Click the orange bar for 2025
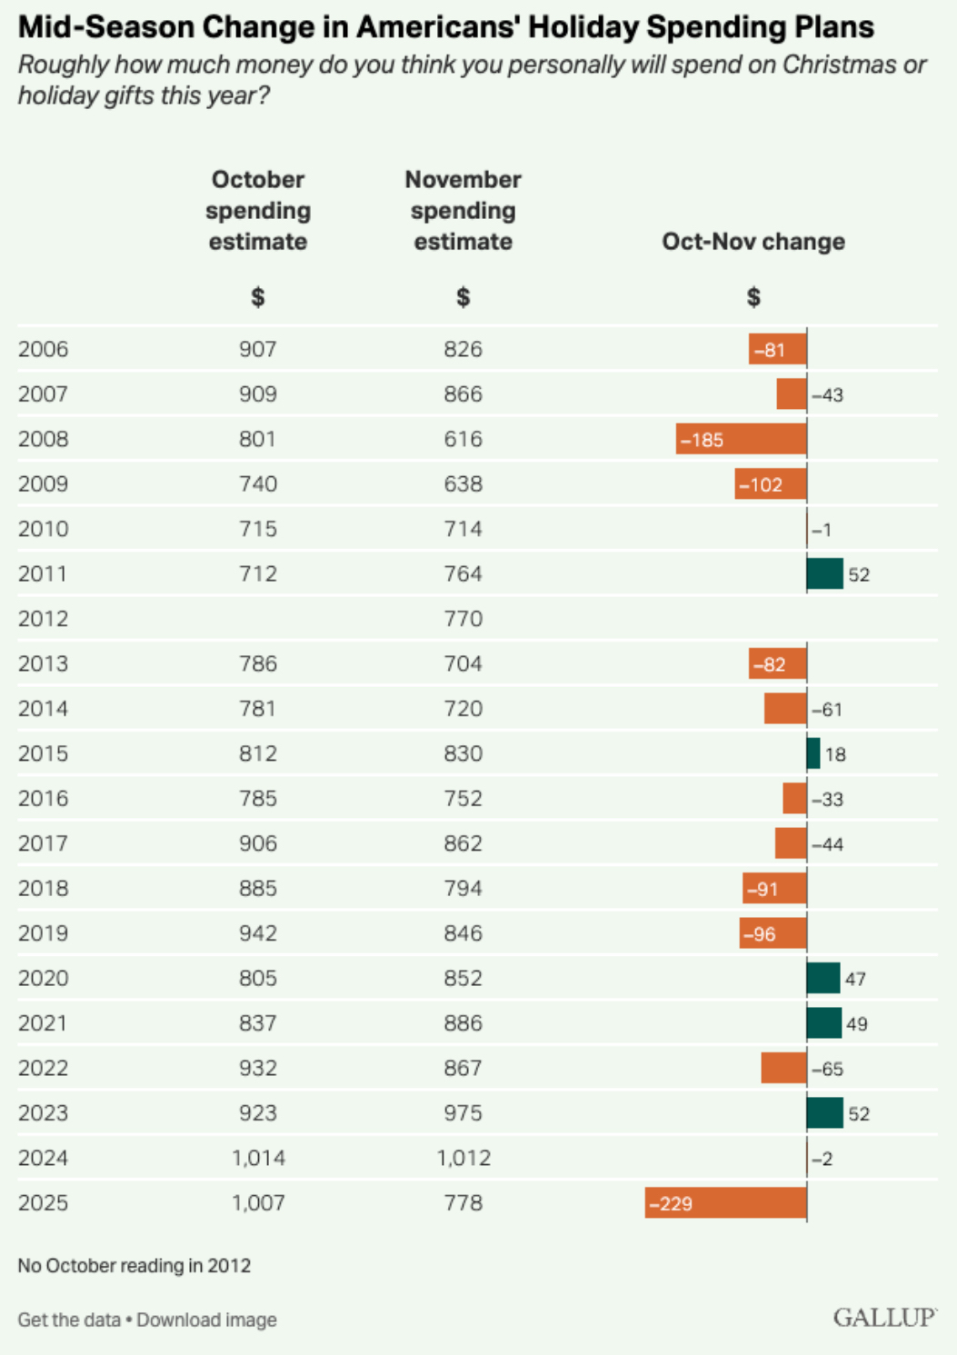point(725,1203)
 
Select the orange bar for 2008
point(741,439)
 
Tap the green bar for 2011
point(824,574)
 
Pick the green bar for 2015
point(813,753)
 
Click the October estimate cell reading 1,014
point(258,1158)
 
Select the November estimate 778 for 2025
point(463,1203)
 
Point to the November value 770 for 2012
point(463,619)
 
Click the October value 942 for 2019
point(258,933)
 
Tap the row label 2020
point(43,978)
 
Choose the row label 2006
point(43,349)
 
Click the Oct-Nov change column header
point(753,242)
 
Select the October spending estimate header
point(258,211)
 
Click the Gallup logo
point(884,1318)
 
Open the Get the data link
point(69,1320)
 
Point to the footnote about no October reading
point(135,1265)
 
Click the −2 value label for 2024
point(822,1159)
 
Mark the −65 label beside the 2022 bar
point(827,1069)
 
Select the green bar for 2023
point(824,1113)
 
